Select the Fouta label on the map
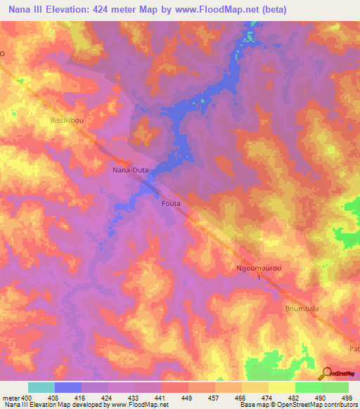click(x=171, y=203)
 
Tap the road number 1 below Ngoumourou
click(x=258, y=278)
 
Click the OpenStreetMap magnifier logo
click(x=326, y=373)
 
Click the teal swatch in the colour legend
click(x=41, y=387)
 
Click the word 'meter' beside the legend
click(x=9, y=398)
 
